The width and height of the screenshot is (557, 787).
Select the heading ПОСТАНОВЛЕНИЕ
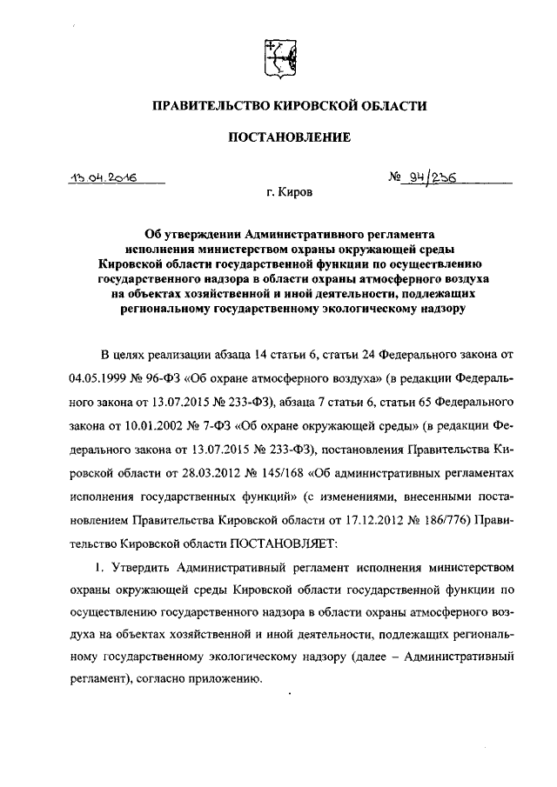(278, 137)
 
